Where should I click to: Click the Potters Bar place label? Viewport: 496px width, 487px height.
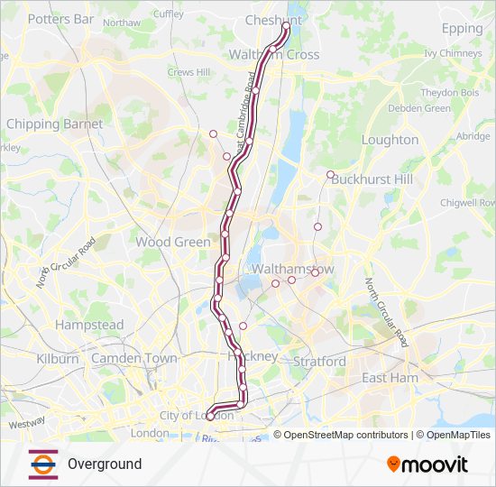[60, 18]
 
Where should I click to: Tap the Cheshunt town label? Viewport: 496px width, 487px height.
[273, 18]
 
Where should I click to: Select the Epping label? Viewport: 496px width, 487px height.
[462, 28]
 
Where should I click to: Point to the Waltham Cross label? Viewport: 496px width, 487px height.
[274, 54]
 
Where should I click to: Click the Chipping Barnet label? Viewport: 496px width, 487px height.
[54, 124]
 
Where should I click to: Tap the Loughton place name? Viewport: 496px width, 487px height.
[390, 140]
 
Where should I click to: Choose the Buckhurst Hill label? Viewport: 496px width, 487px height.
[372, 179]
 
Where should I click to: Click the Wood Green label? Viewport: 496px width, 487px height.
[173, 242]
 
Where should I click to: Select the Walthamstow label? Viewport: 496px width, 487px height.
[293, 270]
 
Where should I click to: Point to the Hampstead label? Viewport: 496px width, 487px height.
[89, 325]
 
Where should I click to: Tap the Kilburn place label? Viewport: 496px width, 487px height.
[58, 358]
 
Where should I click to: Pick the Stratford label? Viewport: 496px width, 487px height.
[319, 362]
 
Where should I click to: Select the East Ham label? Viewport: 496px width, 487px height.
[390, 378]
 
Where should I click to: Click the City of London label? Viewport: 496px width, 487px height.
[196, 415]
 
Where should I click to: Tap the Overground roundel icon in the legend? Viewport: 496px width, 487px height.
[43, 464]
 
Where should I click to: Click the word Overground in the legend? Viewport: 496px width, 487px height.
[105, 464]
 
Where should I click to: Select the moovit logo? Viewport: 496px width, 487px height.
[427, 464]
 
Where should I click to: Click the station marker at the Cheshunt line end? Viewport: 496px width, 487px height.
[288, 26]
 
